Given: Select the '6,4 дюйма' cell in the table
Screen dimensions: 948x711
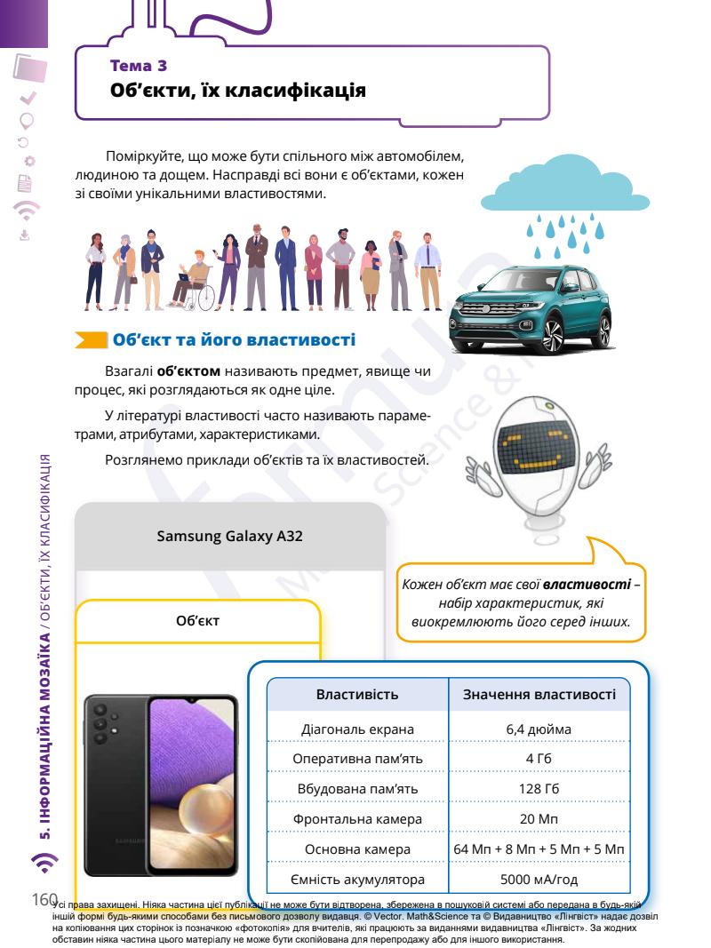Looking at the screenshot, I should coord(539,729).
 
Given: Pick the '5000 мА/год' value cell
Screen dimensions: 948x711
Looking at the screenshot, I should coord(539,880).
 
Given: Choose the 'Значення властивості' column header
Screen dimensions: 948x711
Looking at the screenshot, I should coord(539,692).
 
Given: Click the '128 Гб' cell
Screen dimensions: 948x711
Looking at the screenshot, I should coord(539,789).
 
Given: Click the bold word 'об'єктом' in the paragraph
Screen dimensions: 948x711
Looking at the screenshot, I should coord(188,370).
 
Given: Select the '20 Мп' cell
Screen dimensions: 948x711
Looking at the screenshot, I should coord(539,819).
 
